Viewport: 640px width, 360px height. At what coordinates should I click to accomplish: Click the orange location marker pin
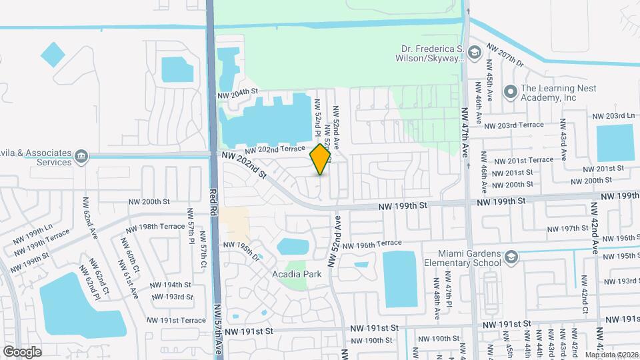321,159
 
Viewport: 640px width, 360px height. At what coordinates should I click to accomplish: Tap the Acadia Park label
297,274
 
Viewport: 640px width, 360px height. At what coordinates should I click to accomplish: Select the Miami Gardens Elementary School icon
511,258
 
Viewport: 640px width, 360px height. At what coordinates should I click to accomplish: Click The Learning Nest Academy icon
511,92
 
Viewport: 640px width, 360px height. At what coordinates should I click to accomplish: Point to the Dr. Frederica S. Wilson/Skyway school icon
474,53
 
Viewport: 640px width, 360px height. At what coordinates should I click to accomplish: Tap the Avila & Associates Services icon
81,157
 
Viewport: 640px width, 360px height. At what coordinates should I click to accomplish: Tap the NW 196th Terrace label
373,245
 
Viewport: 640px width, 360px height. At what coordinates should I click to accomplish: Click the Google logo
22,351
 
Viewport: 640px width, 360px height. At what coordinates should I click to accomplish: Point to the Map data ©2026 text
611,354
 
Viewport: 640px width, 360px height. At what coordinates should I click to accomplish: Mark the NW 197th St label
565,228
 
